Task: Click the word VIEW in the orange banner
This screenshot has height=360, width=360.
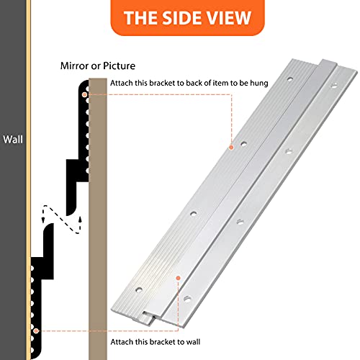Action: click(x=229, y=18)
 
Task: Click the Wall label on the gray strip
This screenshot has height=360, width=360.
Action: click(x=13, y=140)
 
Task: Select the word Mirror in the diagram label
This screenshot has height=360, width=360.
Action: click(x=74, y=66)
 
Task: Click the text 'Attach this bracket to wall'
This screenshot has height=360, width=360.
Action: click(x=156, y=342)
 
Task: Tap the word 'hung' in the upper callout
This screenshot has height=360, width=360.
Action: click(x=259, y=83)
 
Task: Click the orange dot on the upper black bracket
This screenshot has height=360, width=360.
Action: click(x=84, y=95)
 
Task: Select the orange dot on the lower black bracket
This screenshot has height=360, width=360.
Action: click(x=36, y=331)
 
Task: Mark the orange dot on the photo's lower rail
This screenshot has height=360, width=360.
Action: click(x=178, y=278)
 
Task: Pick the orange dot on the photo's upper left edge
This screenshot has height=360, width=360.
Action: click(x=231, y=148)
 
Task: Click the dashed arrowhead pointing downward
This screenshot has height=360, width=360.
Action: click(x=43, y=220)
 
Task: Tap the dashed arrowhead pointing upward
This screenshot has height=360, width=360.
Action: click(x=80, y=220)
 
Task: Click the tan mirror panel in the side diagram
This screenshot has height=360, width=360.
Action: click(x=98, y=219)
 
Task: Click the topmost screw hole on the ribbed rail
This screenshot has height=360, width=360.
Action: click(x=290, y=78)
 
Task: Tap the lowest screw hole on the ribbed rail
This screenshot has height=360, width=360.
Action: click(x=139, y=289)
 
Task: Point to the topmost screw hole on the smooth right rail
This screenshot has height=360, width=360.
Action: click(x=334, y=85)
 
